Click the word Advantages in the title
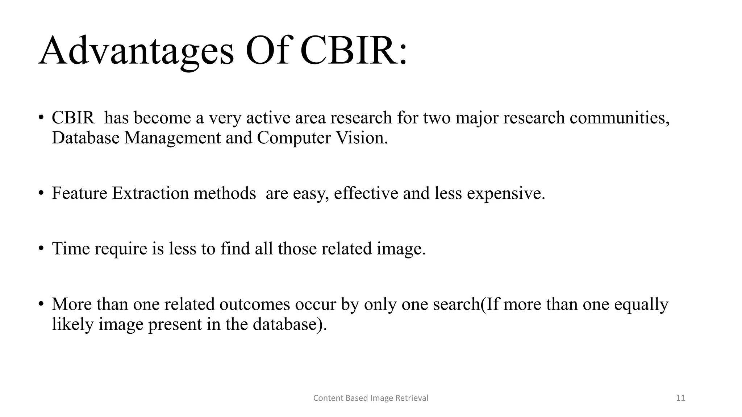[x=136, y=51]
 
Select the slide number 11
[x=680, y=398]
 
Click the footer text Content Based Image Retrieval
[x=371, y=398]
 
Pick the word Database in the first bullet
[x=86, y=138]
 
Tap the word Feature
[x=79, y=193]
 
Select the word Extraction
[x=150, y=193]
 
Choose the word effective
[x=366, y=193]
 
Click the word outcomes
[x=255, y=304]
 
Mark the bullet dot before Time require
[x=41, y=248]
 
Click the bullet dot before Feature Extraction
[x=41, y=193]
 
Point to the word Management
[x=172, y=138]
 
